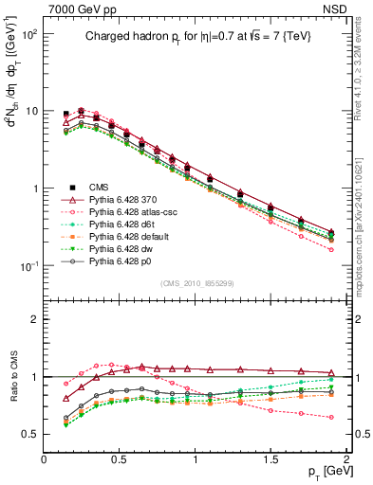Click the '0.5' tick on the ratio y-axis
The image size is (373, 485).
pos(30,434)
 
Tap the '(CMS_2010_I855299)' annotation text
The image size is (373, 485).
pos(196,284)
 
